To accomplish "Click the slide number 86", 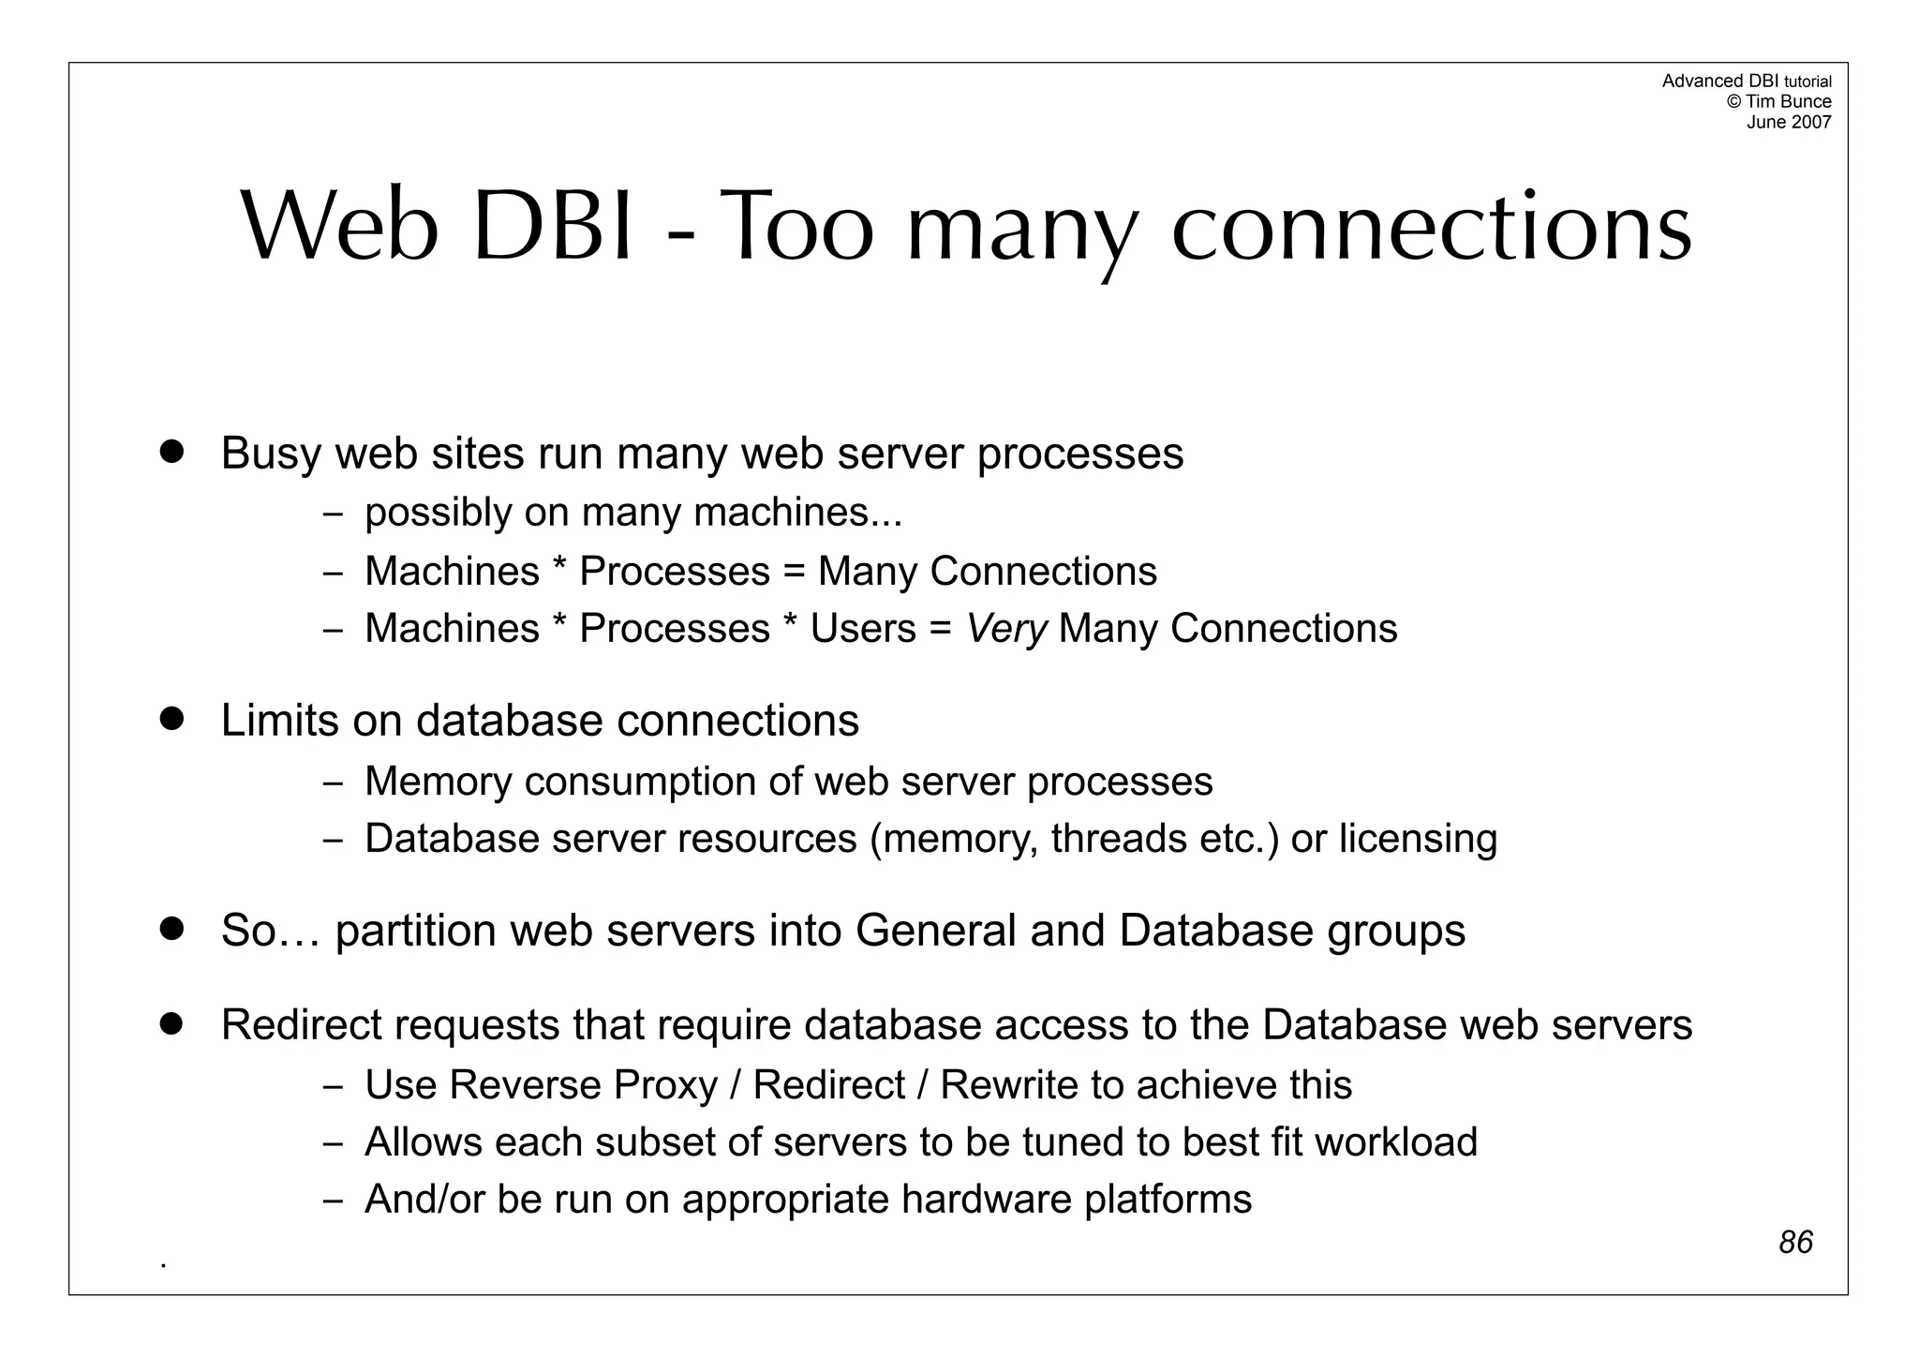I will (x=1795, y=1242).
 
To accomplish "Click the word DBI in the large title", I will (x=554, y=228).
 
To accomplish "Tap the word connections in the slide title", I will (x=1432, y=228).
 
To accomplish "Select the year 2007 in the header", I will (x=1810, y=122).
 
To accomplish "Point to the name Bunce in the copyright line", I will (x=1807, y=101).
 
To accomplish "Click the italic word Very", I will (x=1006, y=628).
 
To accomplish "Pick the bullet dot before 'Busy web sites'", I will (x=171, y=451).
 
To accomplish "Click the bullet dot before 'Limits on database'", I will (x=171, y=719).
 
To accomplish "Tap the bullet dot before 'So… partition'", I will (x=171, y=929).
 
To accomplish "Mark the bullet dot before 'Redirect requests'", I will (x=171, y=1023).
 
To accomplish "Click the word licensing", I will (x=1418, y=839).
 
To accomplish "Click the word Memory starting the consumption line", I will (x=438, y=782).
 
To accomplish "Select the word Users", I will (x=863, y=628).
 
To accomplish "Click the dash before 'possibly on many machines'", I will (x=333, y=514).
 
